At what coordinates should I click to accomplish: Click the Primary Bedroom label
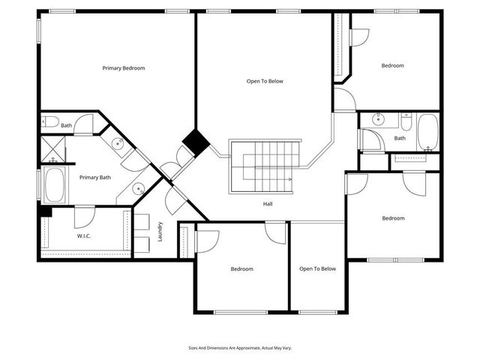coord(124,68)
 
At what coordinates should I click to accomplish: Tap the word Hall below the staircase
coord(268,203)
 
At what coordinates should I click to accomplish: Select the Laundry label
coord(160,231)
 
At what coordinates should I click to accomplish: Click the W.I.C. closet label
coord(84,235)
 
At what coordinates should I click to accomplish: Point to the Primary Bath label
coord(95,178)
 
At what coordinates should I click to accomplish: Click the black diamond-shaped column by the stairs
coord(196,142)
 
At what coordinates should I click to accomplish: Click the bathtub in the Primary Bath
coord(55,185)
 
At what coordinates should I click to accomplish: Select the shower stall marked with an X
coord(52,150)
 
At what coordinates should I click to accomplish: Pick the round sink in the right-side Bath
coord(378,119)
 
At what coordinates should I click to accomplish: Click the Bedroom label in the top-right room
coord(392,66)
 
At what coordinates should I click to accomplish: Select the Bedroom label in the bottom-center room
coord(241,269)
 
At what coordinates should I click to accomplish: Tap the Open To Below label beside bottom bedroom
coord(317,269)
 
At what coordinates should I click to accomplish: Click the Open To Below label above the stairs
coord(265,81)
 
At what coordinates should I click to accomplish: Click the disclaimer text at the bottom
coord(239,348)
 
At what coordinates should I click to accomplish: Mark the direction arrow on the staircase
coord(289,181)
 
